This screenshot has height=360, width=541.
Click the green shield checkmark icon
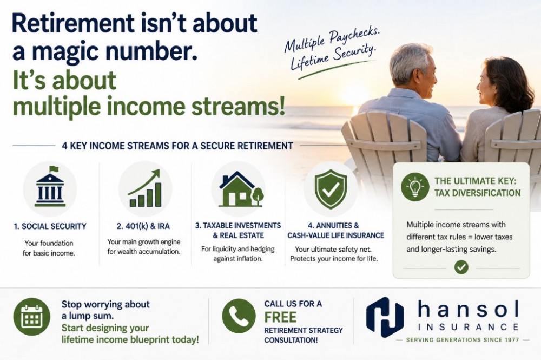click(331, 189)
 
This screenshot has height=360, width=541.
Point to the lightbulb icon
click(415, 187)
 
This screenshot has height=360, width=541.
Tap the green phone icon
click(239, 316)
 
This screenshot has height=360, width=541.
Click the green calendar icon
click(32, 317)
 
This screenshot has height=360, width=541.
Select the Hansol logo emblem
click(385, 317)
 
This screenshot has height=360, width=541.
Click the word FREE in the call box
click(280, 317)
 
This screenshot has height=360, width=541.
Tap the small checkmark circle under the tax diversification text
click(461, 267)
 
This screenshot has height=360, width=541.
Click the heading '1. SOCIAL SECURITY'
click(50, 226)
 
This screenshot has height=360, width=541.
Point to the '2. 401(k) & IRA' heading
click(143, 226)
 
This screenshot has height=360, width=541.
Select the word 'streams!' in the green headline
click(238, 106)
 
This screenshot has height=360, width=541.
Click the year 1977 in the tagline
click(511, 340)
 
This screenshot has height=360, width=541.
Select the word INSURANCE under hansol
click(468, 327)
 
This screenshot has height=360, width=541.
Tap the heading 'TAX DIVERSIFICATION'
click(477, 193)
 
